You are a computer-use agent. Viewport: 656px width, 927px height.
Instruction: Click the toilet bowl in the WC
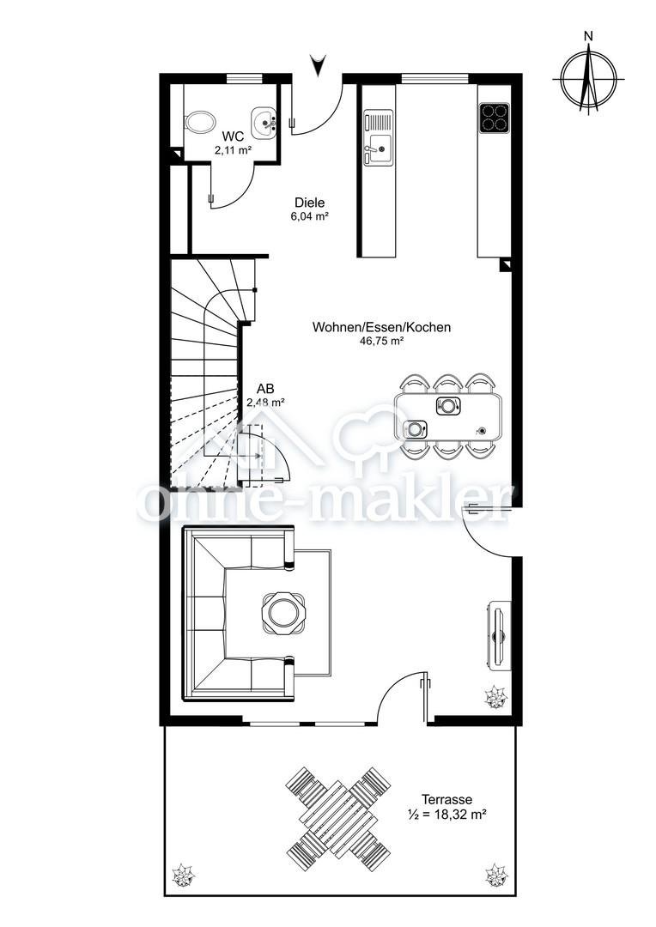[x=198, y=124]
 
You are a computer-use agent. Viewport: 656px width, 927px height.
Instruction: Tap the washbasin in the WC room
[x=264, y=123]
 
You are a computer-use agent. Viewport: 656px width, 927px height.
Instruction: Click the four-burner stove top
[x=494, y=118]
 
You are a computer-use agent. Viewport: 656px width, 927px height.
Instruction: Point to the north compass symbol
[x=588, y=75]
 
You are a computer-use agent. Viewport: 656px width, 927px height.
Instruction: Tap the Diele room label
[x=309, y=203]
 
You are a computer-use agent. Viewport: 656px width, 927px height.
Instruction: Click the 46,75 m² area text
[x=381, y=340]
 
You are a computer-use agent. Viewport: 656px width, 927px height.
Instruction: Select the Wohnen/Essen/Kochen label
[x=381, y=327]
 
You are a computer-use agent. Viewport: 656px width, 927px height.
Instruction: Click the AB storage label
[x=265, y=389]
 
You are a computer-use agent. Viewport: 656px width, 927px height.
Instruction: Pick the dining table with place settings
[x=448, y=416]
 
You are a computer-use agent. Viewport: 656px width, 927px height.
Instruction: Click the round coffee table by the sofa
[x=283, y=613]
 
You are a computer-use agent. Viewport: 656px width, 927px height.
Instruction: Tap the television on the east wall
[x=499, y=635]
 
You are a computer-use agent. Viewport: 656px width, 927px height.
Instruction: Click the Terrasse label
[x=446, y=800]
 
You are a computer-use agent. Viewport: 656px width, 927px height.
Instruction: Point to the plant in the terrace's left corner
[x=182, y=875]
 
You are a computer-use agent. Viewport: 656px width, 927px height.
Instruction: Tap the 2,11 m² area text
[x=233, y=150]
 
